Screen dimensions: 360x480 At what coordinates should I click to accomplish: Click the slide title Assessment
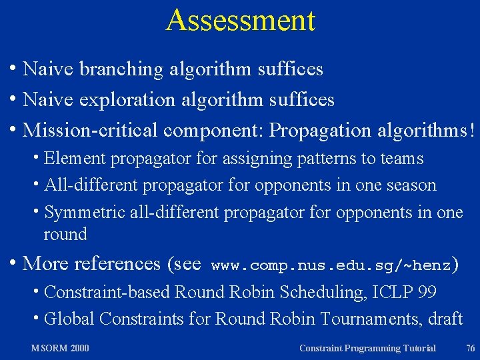pos(240,20)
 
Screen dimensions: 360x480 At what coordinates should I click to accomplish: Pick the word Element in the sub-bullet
pos(75,159)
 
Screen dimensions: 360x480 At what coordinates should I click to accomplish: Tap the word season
pos(412,185)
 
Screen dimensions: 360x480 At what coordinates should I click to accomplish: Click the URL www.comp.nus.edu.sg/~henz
pos(331,265)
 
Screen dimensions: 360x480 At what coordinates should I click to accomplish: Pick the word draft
pos(445,319)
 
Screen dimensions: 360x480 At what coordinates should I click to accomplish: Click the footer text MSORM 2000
pos(60,348)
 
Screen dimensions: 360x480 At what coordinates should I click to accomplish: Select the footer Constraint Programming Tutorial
pos(367,348)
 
